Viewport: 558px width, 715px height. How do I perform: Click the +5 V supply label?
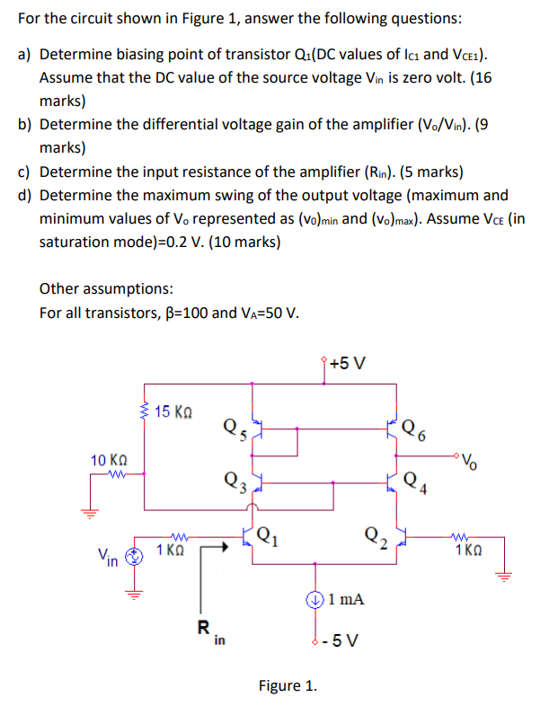[348, 364]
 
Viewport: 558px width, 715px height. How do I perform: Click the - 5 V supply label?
[344, 640]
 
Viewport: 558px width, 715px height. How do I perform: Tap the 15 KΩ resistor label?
[173, 412]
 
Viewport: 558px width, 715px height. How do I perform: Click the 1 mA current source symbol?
[315, 597]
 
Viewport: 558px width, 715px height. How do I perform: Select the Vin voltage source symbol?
[133, 555]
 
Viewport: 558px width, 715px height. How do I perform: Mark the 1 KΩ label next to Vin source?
[173, 550]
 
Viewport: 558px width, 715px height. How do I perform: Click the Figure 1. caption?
[288, 686]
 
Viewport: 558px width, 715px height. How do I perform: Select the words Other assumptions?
[107, 288]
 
